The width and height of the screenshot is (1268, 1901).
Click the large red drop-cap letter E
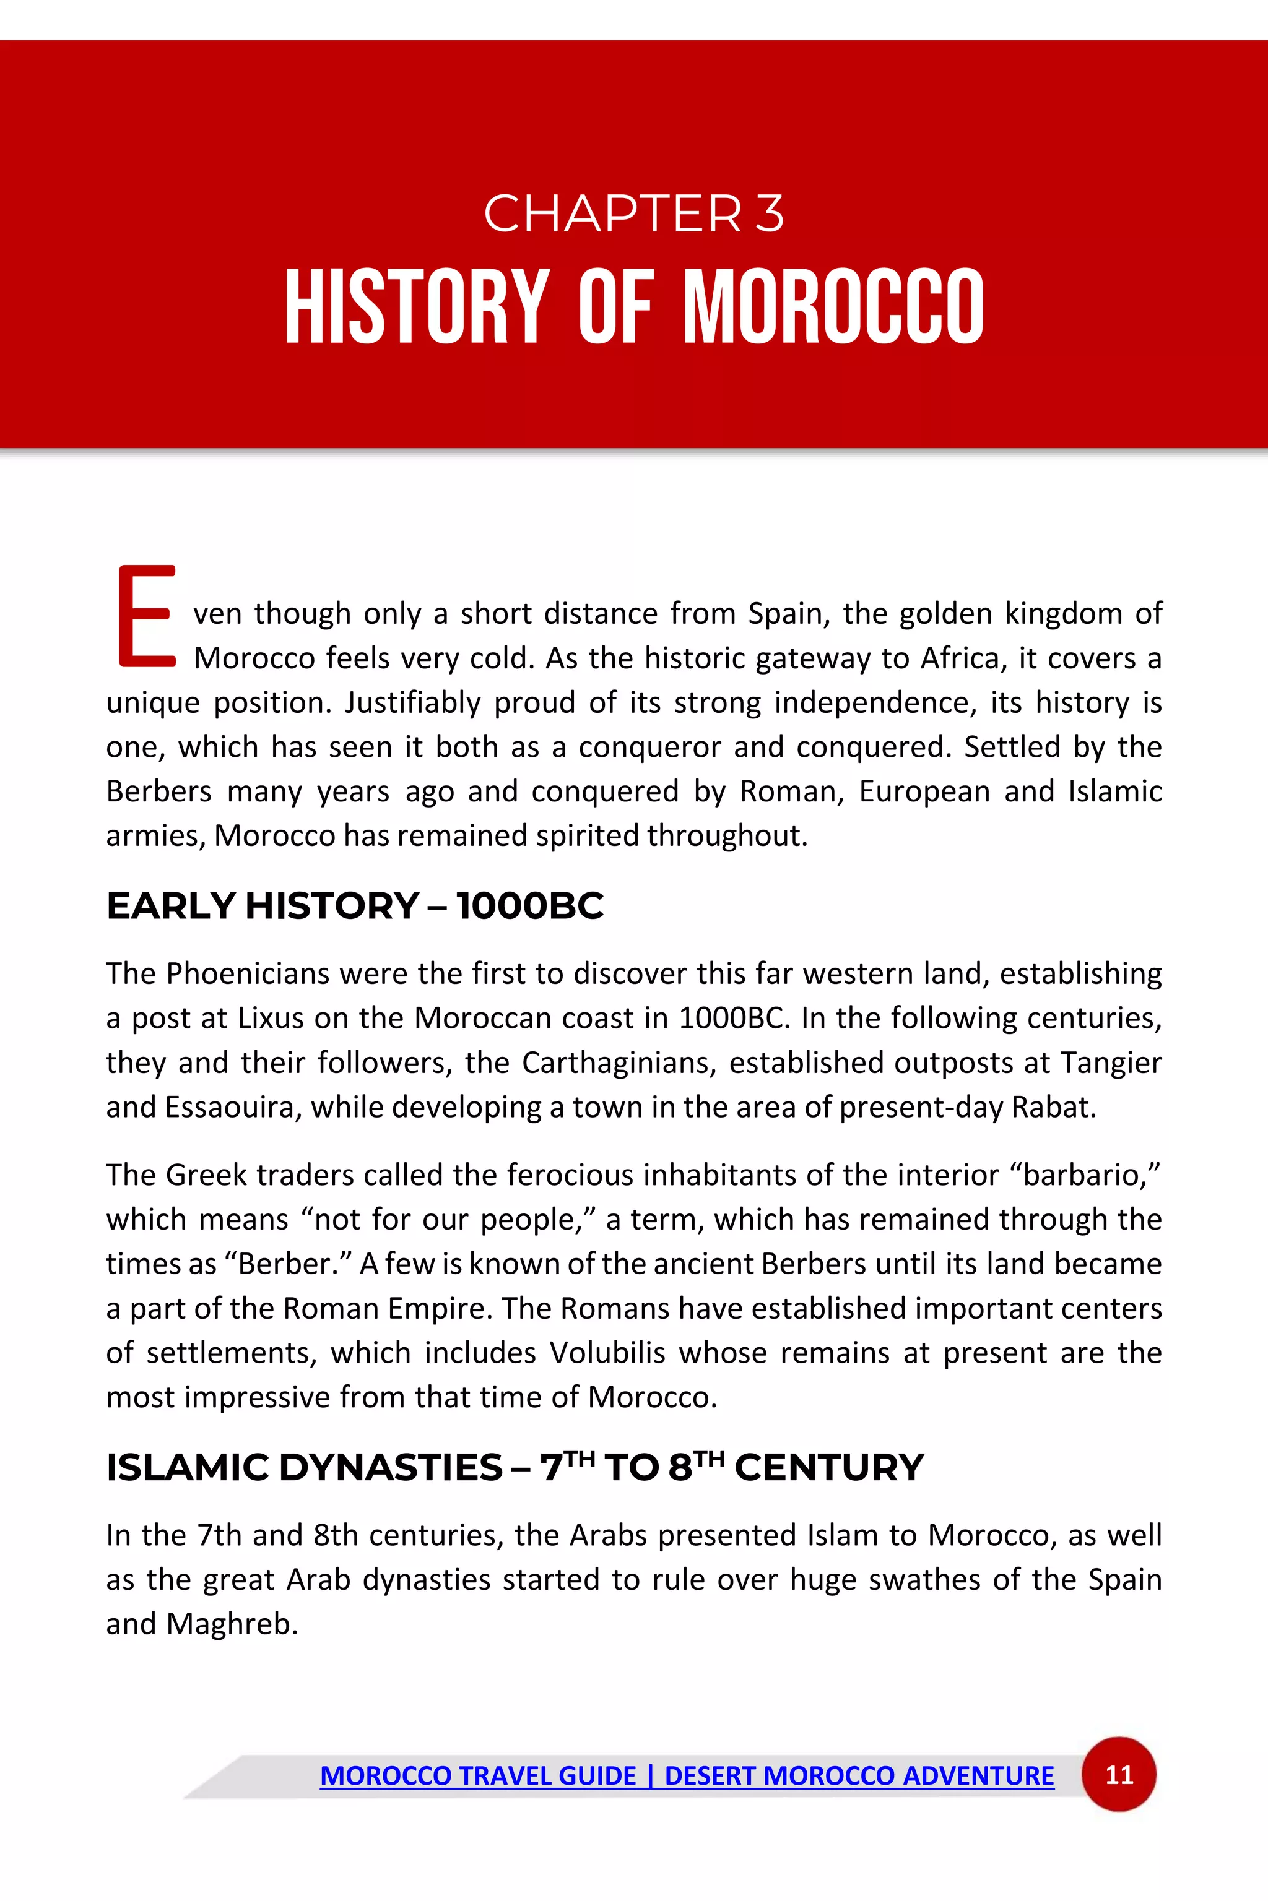(146, 616)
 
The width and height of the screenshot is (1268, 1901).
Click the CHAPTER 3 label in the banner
(633, 214)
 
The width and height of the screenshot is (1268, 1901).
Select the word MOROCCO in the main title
(834, 308)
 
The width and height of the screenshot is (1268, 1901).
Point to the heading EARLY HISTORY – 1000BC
(354, 905)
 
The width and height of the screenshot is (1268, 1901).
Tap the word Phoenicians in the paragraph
(248, 974)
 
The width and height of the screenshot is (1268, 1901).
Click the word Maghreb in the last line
(232, 1624)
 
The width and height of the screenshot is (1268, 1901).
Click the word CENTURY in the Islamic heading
(829, 1467)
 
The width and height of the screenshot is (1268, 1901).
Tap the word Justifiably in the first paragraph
(412, 703)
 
